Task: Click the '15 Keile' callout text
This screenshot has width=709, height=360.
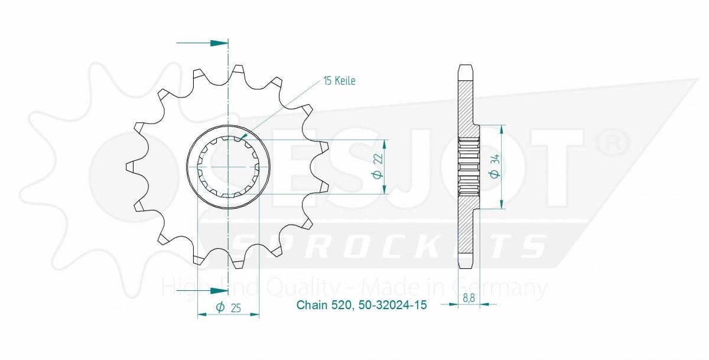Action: click(x=339, y=81)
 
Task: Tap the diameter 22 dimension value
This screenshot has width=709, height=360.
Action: click(x=378, y=166)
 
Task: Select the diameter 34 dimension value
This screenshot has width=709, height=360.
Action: click(x=495, y=166)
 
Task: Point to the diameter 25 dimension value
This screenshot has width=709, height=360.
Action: click(x=229, y=307)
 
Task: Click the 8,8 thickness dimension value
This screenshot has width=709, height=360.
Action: click(x=469, y=299)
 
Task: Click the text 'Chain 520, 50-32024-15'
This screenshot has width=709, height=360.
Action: click(x=362, y=305)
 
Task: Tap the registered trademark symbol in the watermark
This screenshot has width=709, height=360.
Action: click(x=613, y=144)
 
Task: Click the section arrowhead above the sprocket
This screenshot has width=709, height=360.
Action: click(x=219, y=43)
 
